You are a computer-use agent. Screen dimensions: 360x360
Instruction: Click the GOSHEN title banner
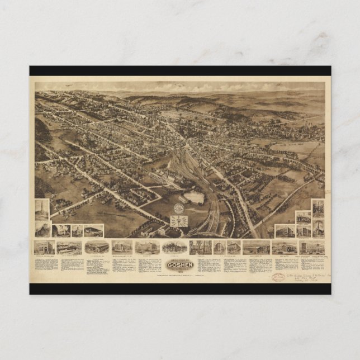[x=181, y=265]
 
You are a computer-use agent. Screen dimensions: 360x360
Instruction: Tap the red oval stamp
[x=278, y=277]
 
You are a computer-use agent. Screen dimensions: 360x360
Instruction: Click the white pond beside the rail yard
[x=193, y=197]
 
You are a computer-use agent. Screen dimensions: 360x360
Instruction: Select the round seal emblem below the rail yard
[x=178, y=207]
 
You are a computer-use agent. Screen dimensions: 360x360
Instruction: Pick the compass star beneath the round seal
[x=178, y=220]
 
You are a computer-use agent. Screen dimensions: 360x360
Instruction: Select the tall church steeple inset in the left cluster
[x=42, y=209]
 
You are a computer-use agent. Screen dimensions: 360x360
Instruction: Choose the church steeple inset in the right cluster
[x=318, y=227]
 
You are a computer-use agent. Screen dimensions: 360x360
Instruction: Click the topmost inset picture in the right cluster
[x=318, y=208]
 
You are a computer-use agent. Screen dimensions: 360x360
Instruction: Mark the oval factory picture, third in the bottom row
[x=96, y=247]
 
